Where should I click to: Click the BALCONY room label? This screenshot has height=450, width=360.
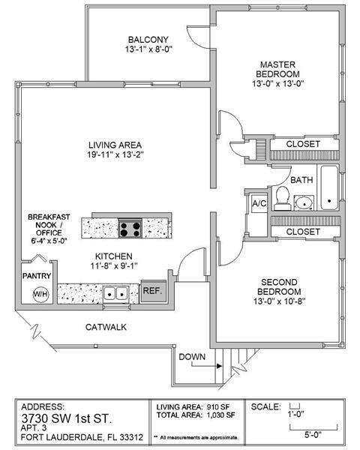(148, 40)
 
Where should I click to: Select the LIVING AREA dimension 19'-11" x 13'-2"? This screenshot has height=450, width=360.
(115, 154)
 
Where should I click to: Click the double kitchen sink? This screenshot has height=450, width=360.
(114, 293)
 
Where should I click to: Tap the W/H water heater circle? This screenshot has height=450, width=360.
(38, 294)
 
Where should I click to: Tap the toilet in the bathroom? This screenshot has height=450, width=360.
(282, 198)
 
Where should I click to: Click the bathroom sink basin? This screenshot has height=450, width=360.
(304, 202)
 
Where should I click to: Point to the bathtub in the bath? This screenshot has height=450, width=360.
(331, 187)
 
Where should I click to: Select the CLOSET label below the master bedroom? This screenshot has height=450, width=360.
(303, 143)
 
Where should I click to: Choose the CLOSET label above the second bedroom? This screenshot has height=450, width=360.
(303, 232)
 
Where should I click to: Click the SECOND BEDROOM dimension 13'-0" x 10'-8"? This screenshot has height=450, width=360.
(280, 302)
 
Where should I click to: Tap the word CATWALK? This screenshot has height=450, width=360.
(105, 327)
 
